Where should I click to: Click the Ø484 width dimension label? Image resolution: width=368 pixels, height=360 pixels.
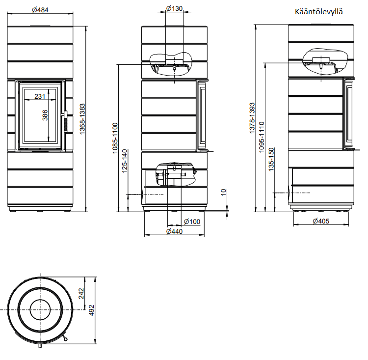[40, 10]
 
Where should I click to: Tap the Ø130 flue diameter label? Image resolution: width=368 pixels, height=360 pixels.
[174, 8]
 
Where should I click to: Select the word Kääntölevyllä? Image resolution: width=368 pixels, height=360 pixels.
[319, 11]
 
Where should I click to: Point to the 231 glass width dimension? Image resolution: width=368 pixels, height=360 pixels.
[40, 96]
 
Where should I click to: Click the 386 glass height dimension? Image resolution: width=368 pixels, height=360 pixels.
[45, 115]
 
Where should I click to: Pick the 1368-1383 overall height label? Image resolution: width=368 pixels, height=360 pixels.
[82, 119]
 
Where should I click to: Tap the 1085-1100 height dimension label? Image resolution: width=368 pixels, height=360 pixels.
[115, 138]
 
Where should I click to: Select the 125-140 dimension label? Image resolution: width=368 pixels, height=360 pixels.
[125, 161]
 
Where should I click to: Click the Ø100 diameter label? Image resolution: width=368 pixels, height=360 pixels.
[192, 222]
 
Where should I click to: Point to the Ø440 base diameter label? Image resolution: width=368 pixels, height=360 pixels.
[174, 231]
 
